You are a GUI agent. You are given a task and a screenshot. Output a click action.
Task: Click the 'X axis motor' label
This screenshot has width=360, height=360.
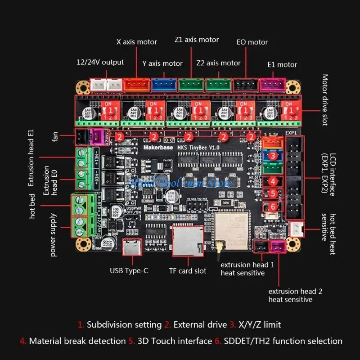pos(137,42)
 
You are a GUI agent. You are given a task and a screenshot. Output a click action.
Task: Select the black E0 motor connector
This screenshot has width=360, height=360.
pos(246,84)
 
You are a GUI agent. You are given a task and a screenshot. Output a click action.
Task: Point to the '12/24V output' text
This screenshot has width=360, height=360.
pos(100,62)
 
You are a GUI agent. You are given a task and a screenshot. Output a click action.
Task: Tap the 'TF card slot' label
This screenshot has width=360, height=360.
pos(188,270)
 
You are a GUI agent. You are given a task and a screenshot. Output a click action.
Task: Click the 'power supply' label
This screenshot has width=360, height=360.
pos(54,234)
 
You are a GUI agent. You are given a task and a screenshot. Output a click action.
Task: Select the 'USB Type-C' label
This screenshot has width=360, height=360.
pos(129,270)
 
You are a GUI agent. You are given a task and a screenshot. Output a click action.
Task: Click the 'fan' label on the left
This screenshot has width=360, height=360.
pos(55,135)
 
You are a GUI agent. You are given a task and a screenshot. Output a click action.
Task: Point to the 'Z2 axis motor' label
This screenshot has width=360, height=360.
pos(218,63)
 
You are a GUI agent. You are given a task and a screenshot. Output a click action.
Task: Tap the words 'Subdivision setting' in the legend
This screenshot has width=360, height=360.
pos(124,324)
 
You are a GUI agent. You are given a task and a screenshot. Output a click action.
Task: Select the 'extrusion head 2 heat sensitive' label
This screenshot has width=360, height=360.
pos(295,295)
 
